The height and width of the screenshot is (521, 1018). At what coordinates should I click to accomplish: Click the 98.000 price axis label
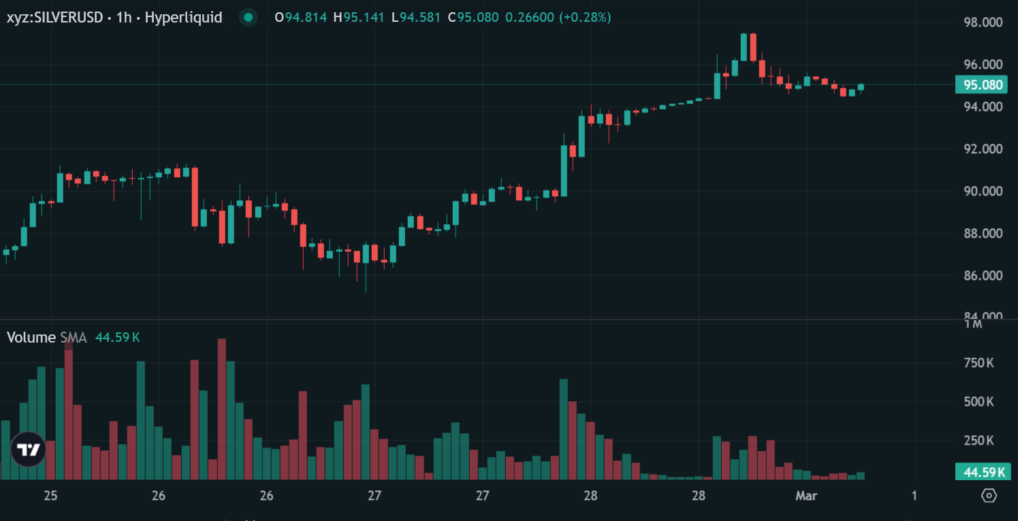tap(983, 22)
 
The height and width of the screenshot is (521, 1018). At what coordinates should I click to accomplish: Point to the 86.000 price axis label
tap(983, 276)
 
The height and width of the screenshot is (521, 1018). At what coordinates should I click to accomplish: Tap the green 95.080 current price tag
tap(983, 85)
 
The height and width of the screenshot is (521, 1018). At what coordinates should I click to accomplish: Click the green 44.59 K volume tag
tap(983, 472)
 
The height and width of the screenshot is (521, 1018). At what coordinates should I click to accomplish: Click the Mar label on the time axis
tap(806, 496)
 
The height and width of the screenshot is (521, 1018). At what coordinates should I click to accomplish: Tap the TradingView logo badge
tap(28, 449)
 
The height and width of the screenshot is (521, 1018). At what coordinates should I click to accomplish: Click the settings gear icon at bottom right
tap(989, 496)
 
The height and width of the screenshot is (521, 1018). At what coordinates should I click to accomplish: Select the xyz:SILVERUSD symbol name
tap(55, 18)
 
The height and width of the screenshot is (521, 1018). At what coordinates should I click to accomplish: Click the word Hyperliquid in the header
tap(184, 18)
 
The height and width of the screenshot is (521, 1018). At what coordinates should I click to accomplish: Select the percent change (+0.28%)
tap(585, 18)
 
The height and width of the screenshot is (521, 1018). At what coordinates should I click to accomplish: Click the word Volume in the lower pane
tap(31, 337)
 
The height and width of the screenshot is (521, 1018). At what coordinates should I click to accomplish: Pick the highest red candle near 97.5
tap(752, 46)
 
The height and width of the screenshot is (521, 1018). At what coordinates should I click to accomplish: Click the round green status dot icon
tap(249, 18)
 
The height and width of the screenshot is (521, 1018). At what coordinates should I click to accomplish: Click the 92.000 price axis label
tap(983, 149)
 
